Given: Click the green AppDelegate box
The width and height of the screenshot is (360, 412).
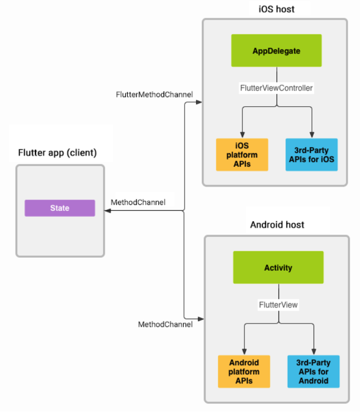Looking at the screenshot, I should pyautogui.click(x=276, y=51).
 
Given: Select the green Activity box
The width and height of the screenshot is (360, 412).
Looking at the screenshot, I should pyautogui.click(x=278, y=267).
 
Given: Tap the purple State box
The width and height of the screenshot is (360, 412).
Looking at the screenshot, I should pyautogui.click(x=59, y=208).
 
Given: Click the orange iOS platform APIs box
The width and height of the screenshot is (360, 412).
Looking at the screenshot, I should pyautogui.click(x=242, y=155).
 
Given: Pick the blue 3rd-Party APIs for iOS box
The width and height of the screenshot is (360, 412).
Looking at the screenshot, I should pyautogui.click(x=311, y=155).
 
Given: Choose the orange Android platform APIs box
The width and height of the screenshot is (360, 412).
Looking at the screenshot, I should pyautogui.click(x=244, y=372).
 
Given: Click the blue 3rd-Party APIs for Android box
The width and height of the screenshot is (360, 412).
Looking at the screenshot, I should pyautogui.click(x=313, y=372).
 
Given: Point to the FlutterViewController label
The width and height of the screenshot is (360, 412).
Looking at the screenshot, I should pyautogui.click(x=276, y=87).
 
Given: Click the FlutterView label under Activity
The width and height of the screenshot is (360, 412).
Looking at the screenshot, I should pyautogui.click(x=278, y=305).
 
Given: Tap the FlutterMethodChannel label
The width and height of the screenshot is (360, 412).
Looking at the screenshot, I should pyautogui.click(x=154, y=94).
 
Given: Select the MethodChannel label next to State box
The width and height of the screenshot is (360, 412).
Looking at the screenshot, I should pyautogui.click(x=138, y=202).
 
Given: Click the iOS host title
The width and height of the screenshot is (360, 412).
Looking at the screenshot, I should pyautogui.click(x=276, y=9).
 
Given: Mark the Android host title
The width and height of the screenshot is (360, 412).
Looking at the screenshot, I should pyautogui.click(x=277, y=224).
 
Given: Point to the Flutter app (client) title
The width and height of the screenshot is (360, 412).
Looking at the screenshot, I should pyautogui.click(x=58, y=153).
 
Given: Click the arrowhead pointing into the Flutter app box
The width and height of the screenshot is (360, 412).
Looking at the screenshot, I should pyautogui.click(x=108, y=211).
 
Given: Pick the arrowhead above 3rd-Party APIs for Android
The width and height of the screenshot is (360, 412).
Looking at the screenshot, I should pyautogui.click(x=313, y=352).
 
